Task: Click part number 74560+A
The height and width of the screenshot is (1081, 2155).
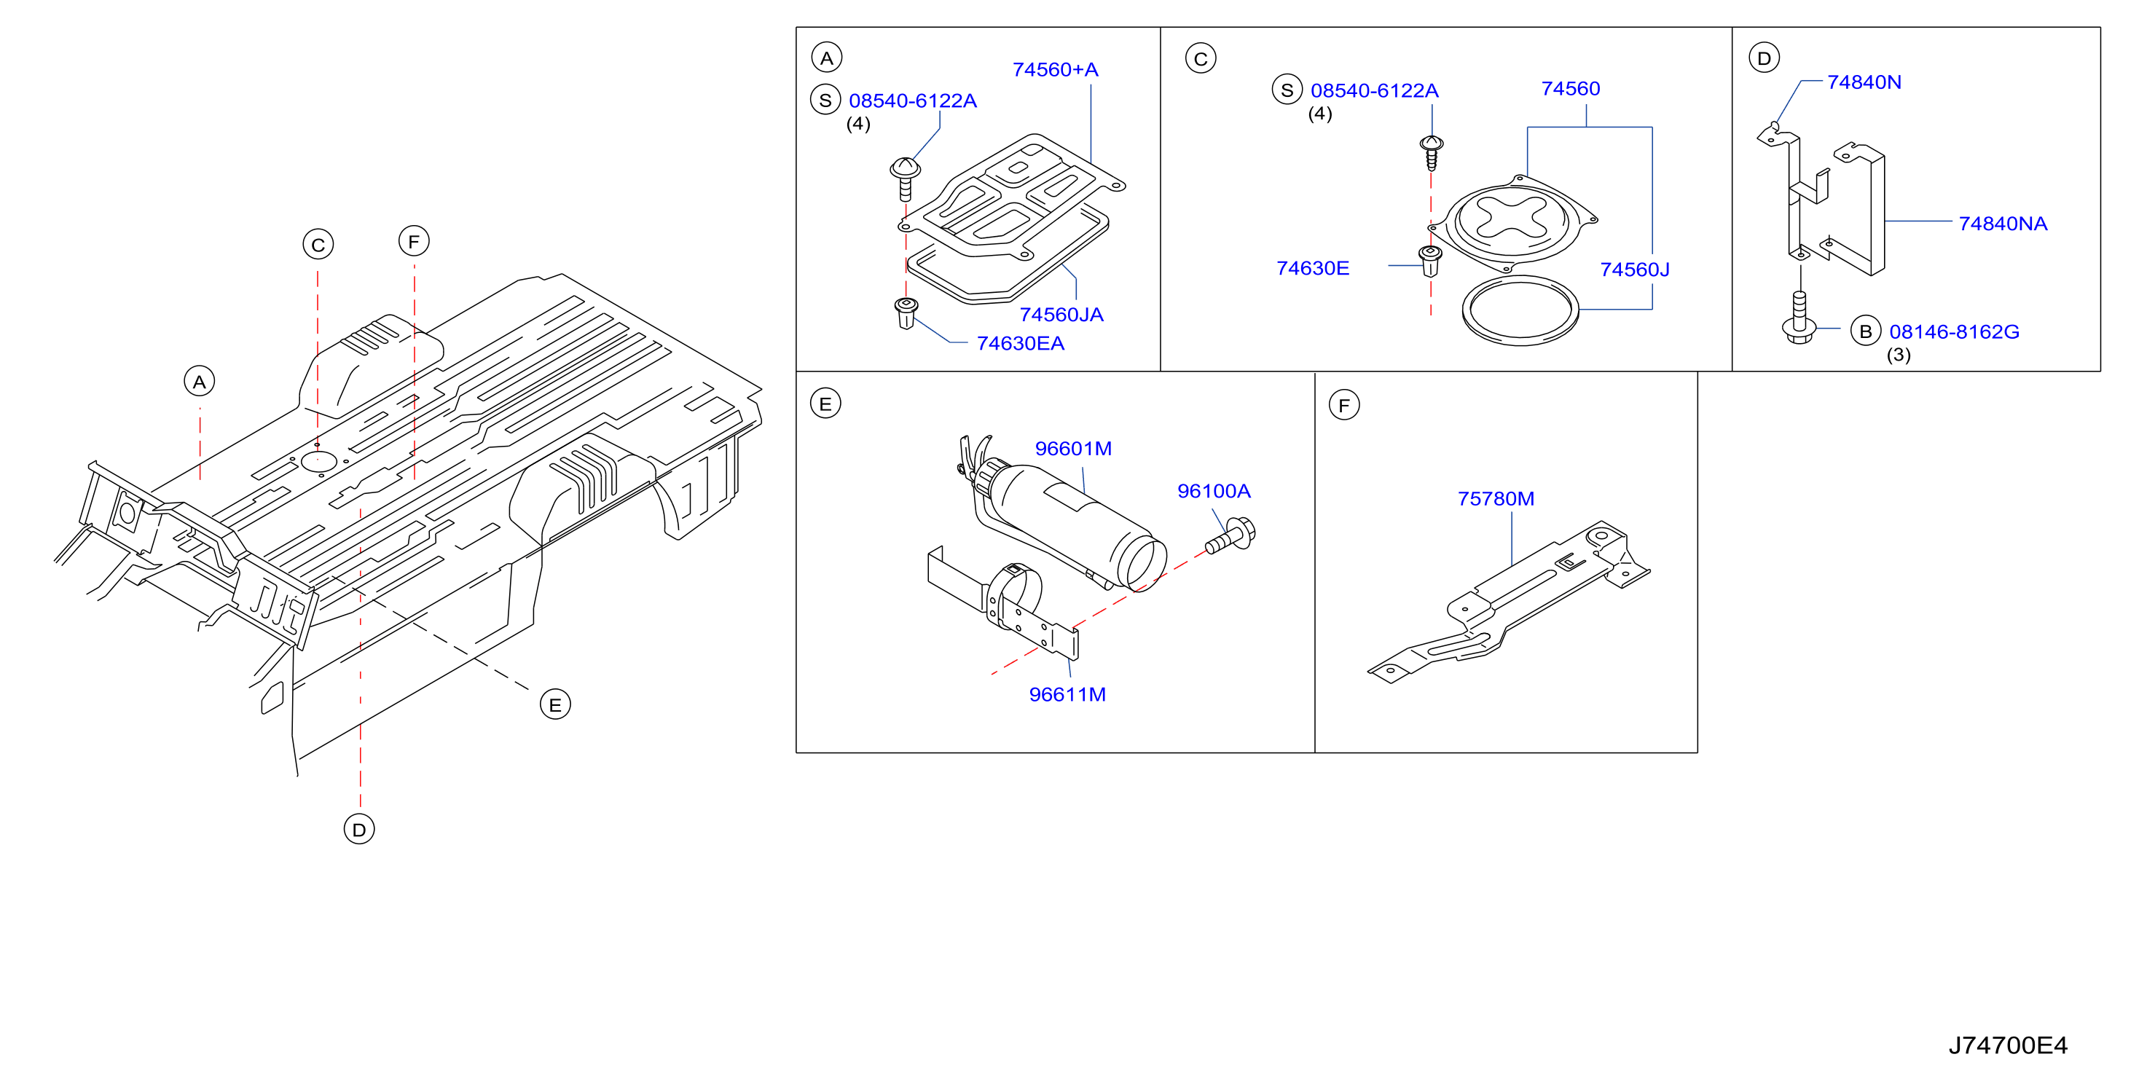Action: (x=1055, y=69)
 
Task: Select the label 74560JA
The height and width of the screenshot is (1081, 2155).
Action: (x=1061, y=315)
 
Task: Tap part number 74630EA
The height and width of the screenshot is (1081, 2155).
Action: (x=1021, y=343)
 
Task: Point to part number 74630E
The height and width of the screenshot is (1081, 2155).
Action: (x=1313, y=268)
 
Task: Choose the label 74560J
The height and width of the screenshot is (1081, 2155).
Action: (x=1635, y=270)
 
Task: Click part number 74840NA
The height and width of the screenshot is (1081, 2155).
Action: (x=2003, y=224)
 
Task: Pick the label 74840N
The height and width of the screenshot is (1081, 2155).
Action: (x=1864, y=82)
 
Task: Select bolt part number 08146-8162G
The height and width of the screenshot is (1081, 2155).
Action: (x=1954, y=331)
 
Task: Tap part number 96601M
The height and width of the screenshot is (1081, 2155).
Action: (x=1073, y=449)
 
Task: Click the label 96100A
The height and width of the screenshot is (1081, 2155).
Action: (x=1214, y=491)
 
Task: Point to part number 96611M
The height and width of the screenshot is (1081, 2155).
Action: (x=1067, y=694)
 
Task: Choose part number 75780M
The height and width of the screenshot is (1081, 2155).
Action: (x=1496, y=499)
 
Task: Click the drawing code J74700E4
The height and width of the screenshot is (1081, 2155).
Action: (x=2008, y=1045)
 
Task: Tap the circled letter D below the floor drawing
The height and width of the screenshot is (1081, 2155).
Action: (x=360, y=829)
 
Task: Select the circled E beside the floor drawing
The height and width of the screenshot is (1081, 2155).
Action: (x=555, y=704)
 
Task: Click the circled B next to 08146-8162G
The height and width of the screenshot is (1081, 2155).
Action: (x=1866, y=331)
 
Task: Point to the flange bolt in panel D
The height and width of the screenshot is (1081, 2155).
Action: (x=1799, y=318)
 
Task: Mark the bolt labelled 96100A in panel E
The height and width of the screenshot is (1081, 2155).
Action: (x=1230, y=535)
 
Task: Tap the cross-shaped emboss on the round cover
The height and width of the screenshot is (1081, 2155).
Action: (x=1512, y=216)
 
